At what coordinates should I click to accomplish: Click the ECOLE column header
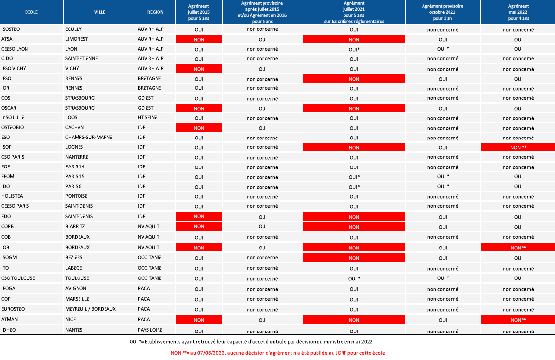pyautogui.click(x=31, y=12)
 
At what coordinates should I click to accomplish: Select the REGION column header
pyautogui.click(x=156, y=12)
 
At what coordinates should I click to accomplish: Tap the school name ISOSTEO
pyautogui.click(x=11, y=29)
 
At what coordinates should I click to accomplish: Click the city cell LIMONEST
pyautogui.click(x=77, y=39)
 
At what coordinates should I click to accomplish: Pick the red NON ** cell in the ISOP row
pyautogui.click(x=518, y=147)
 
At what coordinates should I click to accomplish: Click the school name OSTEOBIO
pyautogui.click(x=12, y=127)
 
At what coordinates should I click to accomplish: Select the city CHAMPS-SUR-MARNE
pyautogui.click(x=89, y=137)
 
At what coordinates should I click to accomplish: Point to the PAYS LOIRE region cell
pyautogui.click(x=150, y=330)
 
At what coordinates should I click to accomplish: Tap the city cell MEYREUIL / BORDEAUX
pyautogui.click(x=90, y=309)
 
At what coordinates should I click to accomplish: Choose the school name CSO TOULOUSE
pyautogui.click(x=18, y=278)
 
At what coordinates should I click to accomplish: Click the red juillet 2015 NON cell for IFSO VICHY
pyautogui.click(x=199, y=69)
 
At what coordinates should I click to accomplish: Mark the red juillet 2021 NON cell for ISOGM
pyautogui.click(x=354, y=257)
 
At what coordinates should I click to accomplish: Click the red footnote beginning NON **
pyautogui.click(x=278, y=353)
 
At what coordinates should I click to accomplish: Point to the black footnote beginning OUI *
pyautogui.click(x=251, y=341)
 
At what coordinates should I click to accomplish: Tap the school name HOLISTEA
pyautogui.click(x=12, y=196)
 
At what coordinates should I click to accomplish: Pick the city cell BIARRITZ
pyautogui.click(x=75, y=226)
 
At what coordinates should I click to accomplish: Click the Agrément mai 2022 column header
pyautogui.click(x=518, y=12)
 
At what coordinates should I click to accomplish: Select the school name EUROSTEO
pyautogui.click(x=13, y=309)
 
